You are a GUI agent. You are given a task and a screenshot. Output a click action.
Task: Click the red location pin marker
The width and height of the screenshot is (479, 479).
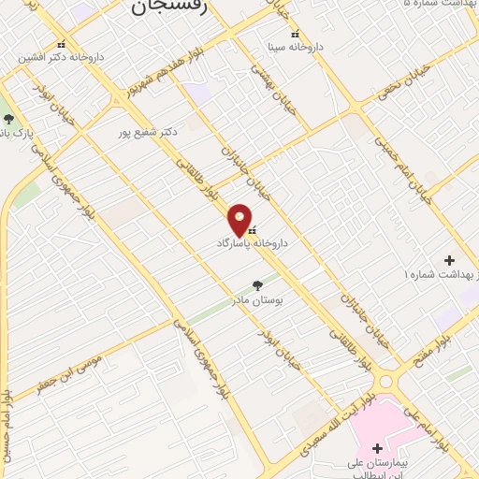[240, 220]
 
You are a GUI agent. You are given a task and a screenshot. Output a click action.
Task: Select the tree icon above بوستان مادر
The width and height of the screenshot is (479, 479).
[258, 286]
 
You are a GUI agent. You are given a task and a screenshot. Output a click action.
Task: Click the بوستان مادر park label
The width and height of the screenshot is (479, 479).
[257, 301]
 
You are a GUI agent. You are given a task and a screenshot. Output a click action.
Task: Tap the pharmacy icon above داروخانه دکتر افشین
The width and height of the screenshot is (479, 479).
[62, 43]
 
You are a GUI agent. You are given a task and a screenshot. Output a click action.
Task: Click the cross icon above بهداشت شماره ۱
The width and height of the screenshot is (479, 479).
[449, 260]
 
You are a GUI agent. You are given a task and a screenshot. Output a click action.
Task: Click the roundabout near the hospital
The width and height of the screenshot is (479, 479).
[386, 381]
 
